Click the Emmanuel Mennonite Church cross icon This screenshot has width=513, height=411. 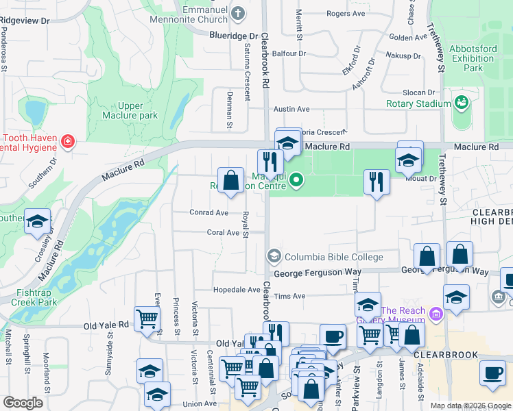[x=238, y=13]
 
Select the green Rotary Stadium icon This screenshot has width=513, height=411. [x=462, y=103]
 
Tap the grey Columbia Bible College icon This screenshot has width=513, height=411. [x=274, y=257]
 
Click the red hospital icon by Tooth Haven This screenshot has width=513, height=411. [x=67, y=142]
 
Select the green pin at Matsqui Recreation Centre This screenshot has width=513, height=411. [x=296, y=181]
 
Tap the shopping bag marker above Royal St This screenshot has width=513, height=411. [x=231, y=181]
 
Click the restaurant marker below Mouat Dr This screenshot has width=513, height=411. [x=376, y=182]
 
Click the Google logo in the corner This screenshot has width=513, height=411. [x=23, y=403]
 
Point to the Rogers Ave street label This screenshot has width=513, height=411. [x=346, y=14]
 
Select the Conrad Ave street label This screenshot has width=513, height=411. [x=208, y=212]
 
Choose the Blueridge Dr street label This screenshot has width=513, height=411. [x=233, y=36]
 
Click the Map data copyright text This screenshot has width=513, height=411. [x=470, y=406]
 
